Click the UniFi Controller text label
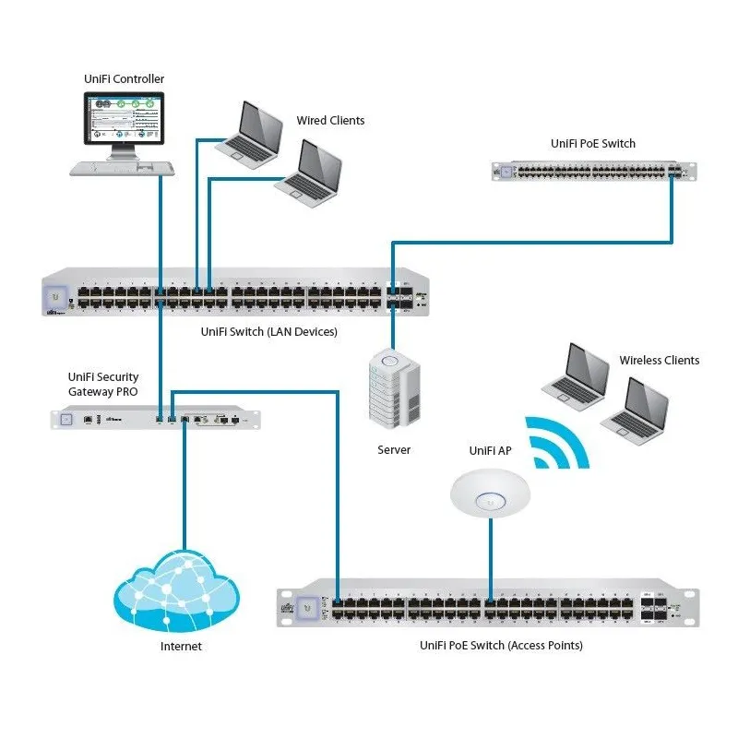(x=124, y=80)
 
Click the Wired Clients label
(x=330, y=121)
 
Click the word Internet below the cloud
(x=181, y=647)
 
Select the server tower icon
(x=394, y=388)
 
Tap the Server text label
(x=394, y=450)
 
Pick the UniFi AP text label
(x=490, y=451)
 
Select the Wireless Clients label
(x=659, y=361)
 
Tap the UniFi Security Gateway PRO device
(x=155, y=419)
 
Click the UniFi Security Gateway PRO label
(x=103, y=384)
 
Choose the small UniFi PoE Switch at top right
(x=595, y=171)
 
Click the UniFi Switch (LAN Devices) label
(x=269, y=331)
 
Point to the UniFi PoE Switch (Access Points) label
(x=501, y=646)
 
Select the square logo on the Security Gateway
(x=65, y=419)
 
